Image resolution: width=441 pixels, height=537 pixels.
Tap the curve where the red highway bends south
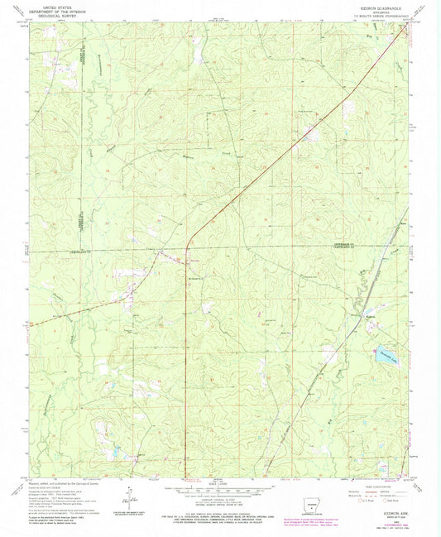190,240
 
